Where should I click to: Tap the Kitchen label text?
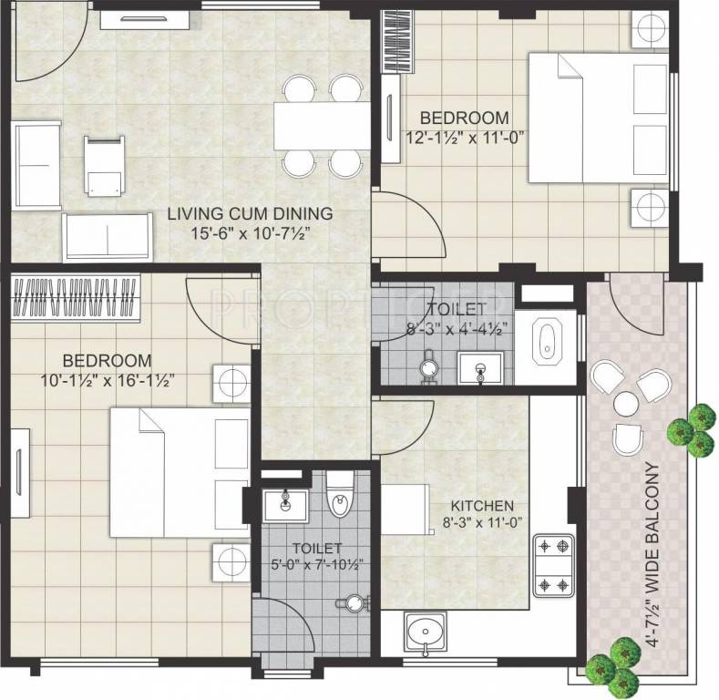pos(483,506)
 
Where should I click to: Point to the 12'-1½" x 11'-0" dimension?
pos(467,137)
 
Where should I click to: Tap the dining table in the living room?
pos(322,126)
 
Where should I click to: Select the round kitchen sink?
pos(425,631)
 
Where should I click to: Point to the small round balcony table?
pos(626,402)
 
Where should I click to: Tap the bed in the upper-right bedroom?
pos(583,118)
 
